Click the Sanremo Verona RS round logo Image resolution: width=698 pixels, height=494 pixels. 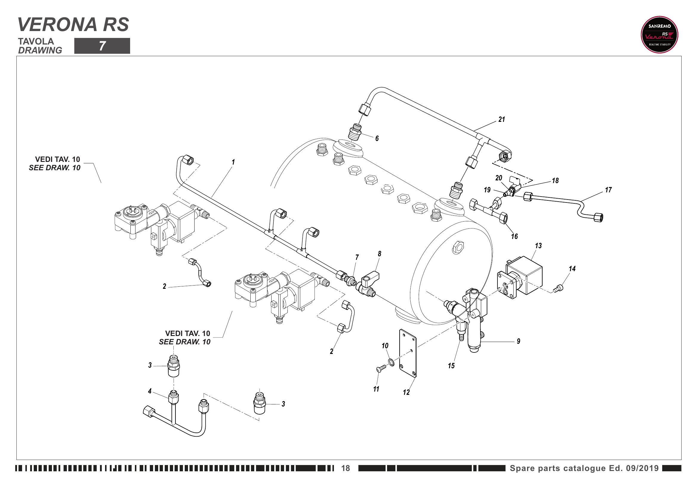(x=659, y=35)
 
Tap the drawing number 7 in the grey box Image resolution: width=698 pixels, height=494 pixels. (x=102, y=46)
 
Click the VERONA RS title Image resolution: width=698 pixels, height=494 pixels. (x=73, y=24)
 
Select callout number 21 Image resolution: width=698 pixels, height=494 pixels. (x=502, y=119)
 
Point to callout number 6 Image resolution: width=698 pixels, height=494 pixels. (x=377, y=138)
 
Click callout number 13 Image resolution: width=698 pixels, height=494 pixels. (x=538, y=246)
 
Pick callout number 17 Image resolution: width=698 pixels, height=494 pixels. (x=608, y=190)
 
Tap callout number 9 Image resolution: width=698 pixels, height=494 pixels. (x=518, y=341)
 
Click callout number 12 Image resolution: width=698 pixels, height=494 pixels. (x=406, y=392)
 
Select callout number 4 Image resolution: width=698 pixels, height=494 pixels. (x=150, y=391)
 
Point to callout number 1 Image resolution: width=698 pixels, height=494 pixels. (x=233, y=162)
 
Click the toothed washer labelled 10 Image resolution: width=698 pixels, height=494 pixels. (x=391, y=362)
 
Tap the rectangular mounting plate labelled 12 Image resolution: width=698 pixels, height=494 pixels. (x=408, y=353)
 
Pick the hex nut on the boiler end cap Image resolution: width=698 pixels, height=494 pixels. (x=458, y=247)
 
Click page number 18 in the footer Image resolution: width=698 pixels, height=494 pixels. (x=345, y=468)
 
